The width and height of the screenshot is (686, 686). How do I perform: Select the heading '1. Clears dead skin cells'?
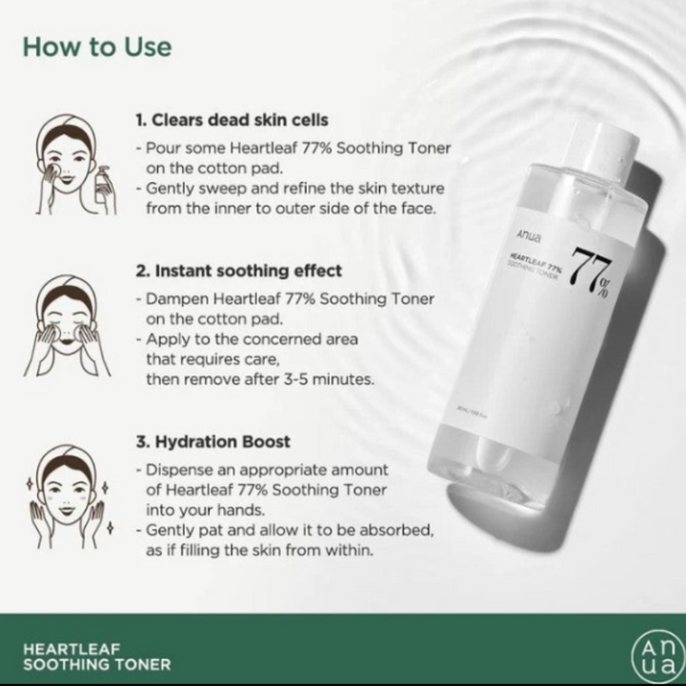tap(232, 120)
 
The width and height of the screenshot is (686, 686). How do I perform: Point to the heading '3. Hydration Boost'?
tap(212, 442)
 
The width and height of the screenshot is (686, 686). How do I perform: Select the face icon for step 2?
tap(67, 324)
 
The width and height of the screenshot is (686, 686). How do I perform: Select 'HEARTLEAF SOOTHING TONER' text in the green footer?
tap(96, 656)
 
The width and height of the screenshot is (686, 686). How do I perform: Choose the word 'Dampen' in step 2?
tap(174, 299)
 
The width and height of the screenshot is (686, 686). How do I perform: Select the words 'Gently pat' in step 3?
tap(182, 530)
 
